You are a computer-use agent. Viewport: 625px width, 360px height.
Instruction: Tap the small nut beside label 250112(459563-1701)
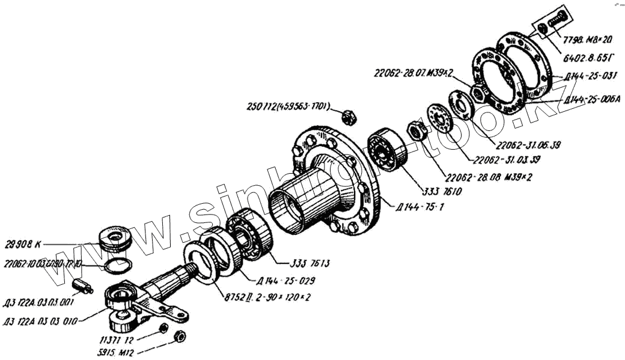pyautogui.click(x=349, y=115)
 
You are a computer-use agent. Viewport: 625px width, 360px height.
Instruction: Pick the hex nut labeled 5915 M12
pyautogui.click(x=178, y=335)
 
